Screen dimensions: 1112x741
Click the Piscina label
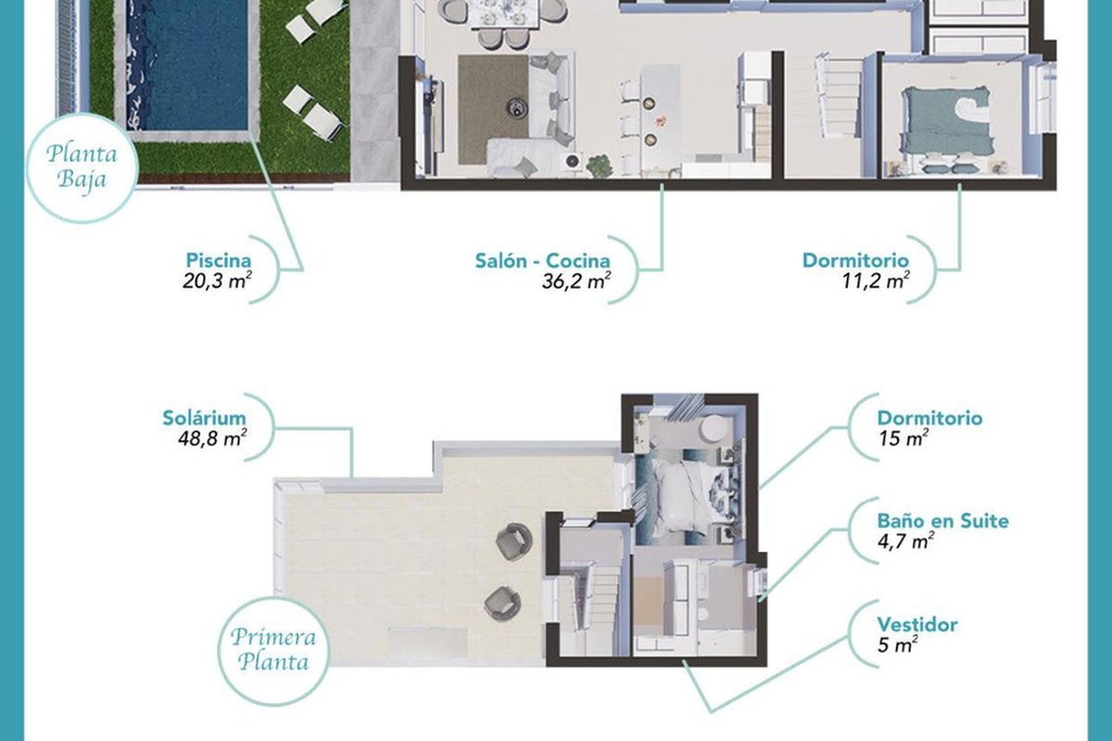[x=219, y=260]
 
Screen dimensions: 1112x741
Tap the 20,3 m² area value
[x=217, y=281]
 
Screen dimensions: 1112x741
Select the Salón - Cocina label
[x=543, y=260]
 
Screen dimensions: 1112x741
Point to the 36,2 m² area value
[x=575, y=282]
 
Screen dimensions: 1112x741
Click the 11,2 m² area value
[x=876, y=282]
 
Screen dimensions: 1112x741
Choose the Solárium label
[x=205, y=418]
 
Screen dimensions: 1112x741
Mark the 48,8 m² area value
[x=212, y=439]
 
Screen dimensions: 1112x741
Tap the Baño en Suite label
[x=942, y=521]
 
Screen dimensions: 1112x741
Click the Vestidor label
[x=917, y=624]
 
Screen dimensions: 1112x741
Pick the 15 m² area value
[x=903, y=439]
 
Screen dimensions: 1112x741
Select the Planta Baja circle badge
[x=82, y=168]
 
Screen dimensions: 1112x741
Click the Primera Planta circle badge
[x=273, y=651]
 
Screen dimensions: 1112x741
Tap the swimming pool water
[x=186, y=65]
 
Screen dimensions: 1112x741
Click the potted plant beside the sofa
[x=600, y=165]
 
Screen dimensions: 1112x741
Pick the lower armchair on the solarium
[x=502, y=603]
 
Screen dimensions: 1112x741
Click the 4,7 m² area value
[x=905, y=542]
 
